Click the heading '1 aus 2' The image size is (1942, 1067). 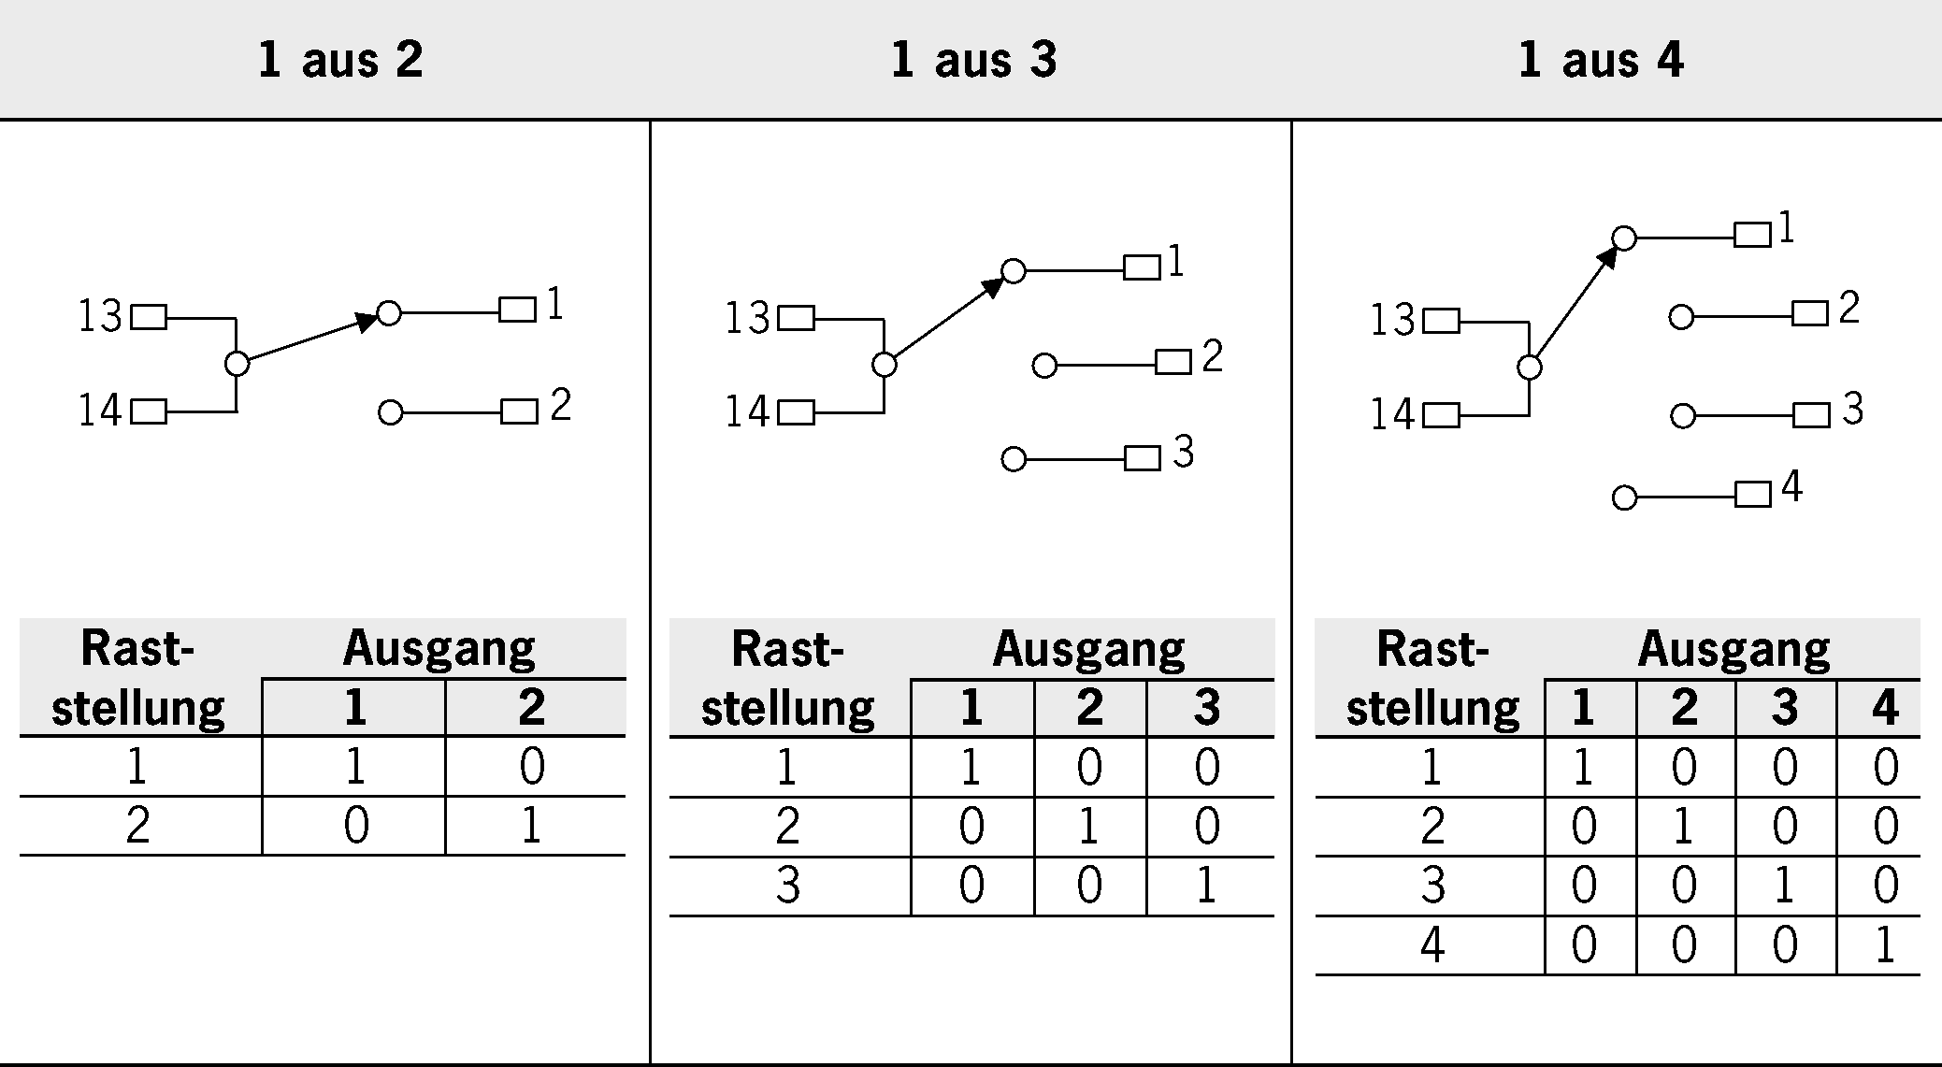point(340,60)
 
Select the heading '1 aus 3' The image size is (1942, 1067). point(973,60)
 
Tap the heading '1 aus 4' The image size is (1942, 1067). point(1601,60)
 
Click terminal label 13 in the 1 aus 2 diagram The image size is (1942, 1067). point(99,317)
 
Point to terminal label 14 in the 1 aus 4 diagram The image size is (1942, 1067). point(1391,414)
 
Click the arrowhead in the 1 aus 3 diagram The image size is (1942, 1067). point(992,287)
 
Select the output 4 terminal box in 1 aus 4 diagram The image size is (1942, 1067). point(1752,494)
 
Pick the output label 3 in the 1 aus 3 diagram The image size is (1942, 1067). point(1184,453)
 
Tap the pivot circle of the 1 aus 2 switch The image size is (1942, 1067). point(237,364)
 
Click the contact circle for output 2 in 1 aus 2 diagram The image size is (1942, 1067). point(391,412)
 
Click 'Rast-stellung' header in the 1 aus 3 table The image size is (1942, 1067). point(788,678)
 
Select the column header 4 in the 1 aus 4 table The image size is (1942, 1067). point(1884,708)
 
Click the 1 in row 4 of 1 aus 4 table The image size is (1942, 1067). point(1884,944)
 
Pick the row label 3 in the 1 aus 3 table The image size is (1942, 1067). point(788,886)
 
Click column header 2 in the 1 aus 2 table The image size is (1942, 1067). point(532,708)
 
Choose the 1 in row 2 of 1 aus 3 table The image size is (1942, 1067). point(1088,827)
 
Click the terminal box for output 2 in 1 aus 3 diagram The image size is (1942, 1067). point(1173,362)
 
